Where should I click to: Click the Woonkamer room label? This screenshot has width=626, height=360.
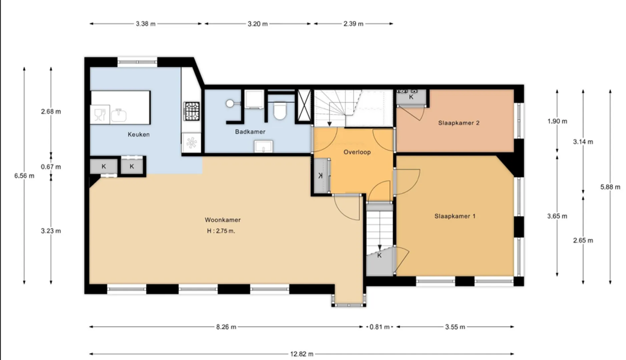pyautogui.click(x=222, y=220)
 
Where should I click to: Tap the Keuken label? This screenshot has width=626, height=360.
pyautogui.click(x=138, y=134)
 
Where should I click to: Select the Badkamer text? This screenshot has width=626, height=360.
pyautogui.click(x=250, y=132)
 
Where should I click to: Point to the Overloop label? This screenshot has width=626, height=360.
pyautogui.click(x=357, y=152)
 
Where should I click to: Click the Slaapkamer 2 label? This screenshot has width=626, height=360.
pyautogui.click(x=459, y=123)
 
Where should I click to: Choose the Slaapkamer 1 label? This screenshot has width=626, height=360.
pyautogui.click(x=455, y=216)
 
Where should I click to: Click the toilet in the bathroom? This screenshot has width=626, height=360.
pyautogui.click(x=279, y=111)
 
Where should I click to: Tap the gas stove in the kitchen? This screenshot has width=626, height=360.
pyautogui.click(x=192, y=111)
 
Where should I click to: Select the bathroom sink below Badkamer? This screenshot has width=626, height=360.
pyautogui.click(x=263, y=146)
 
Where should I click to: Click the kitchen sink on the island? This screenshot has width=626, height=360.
pyautogui.click(x=118, y=115)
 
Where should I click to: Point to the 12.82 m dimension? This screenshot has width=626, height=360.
pyautogui.click(x=301, y=354)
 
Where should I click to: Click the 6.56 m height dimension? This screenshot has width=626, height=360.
pyautogui.click(x=24, y=176)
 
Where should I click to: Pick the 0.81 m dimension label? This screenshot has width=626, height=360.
pyautogui.click(x=380, y=327)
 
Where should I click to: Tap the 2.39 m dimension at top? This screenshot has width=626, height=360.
pyautogui.click(x=353, y=24)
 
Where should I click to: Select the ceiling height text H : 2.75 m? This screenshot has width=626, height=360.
pyautogui.click(x=221, y=231)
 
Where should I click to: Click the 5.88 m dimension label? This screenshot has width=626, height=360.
pyautogui.click(x=610, y=187)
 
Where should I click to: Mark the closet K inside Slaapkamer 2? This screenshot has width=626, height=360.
pyautogui.click(x=411, y=97)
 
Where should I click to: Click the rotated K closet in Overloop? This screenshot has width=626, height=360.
pyautogui.click(x=321, y=176)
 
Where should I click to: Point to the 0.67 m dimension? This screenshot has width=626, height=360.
pyautogui.click(x=51, y=167)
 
